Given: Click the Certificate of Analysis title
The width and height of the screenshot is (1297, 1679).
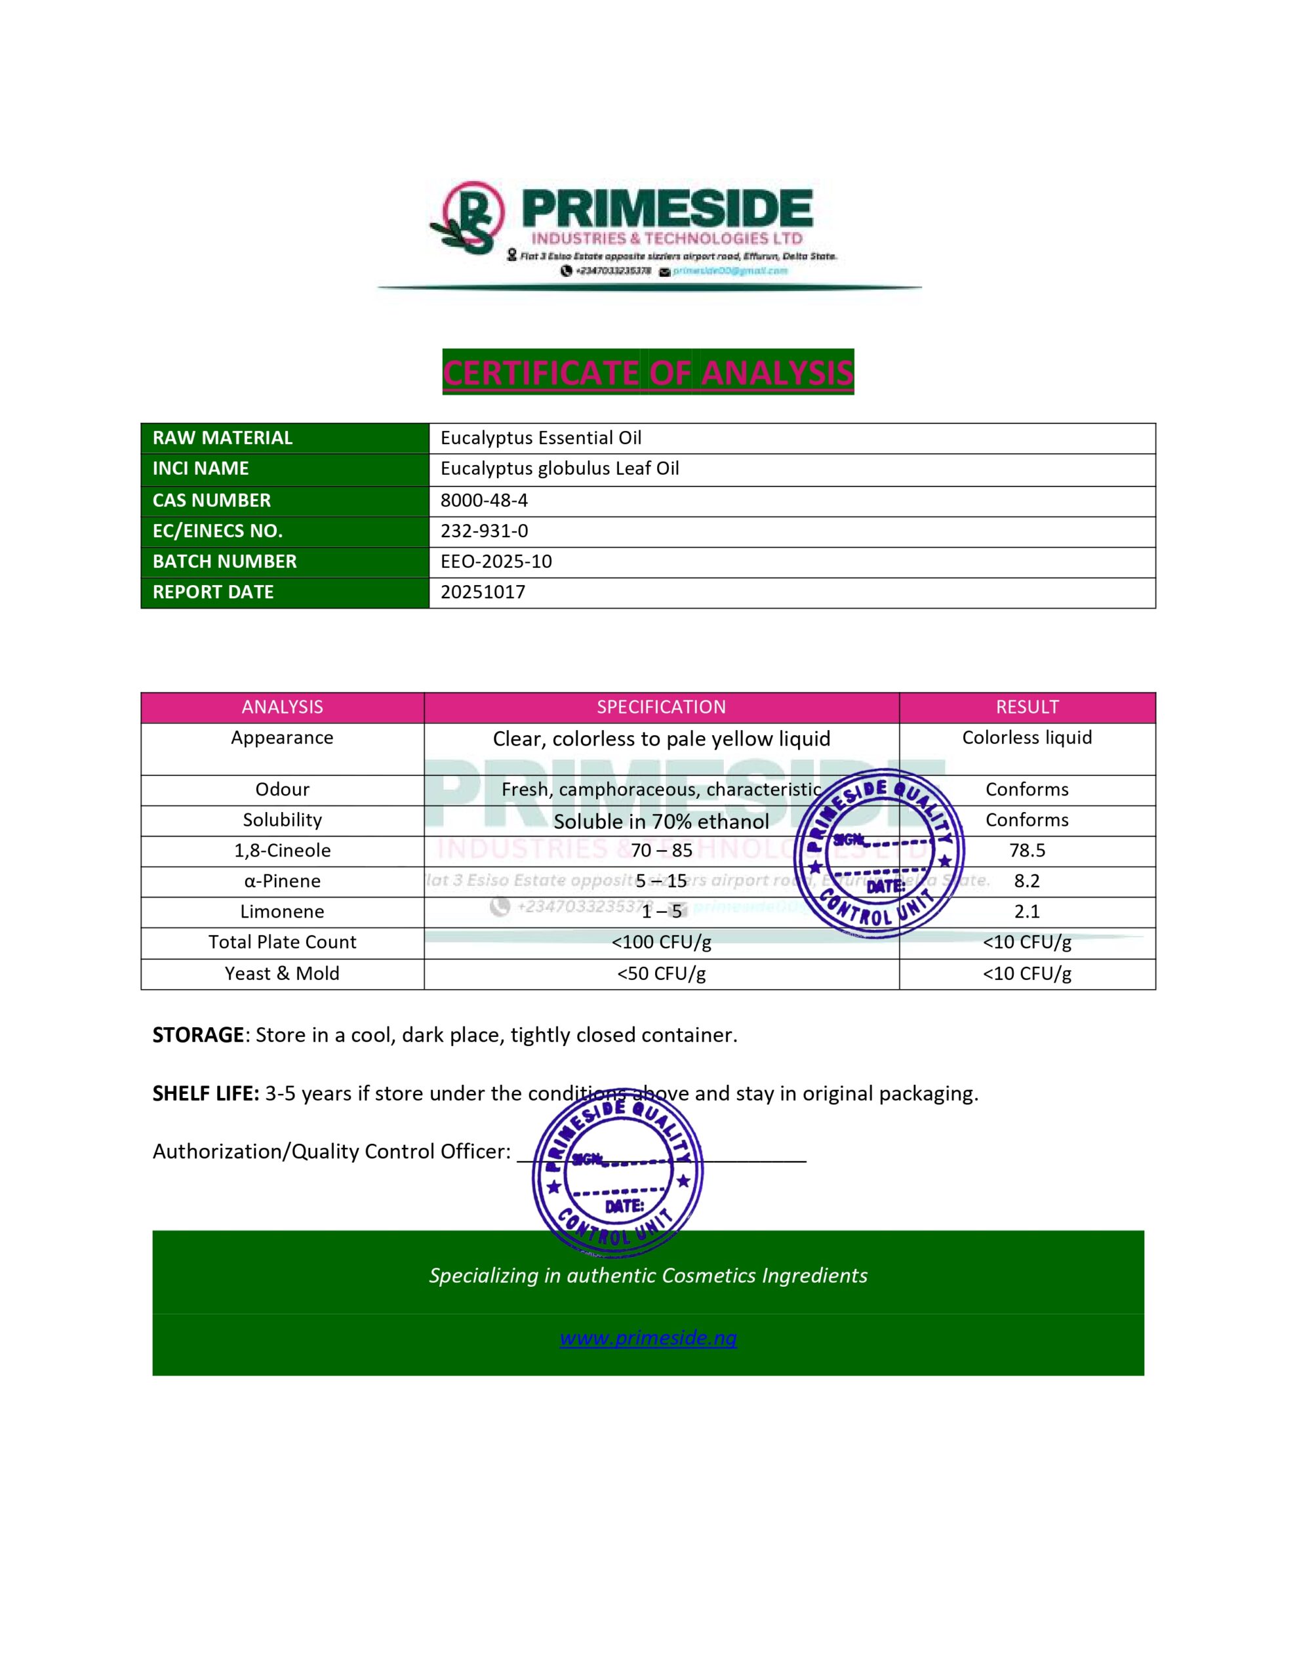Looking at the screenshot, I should tap(647, 373).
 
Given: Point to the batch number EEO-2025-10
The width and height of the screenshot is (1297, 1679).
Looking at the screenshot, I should tap(496, 561).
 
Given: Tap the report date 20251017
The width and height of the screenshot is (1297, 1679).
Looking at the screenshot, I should tap(483, 592).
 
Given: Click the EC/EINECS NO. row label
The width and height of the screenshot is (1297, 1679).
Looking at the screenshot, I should tap(218, 531).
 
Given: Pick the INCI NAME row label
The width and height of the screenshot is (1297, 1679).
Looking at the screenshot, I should tap(201, 468).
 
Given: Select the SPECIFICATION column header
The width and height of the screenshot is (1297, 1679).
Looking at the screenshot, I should tap(661, 707).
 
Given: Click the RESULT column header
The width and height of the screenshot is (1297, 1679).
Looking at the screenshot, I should tap(1026, 707).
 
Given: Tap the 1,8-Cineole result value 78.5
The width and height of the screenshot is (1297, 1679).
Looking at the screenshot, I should tap(1026, 850).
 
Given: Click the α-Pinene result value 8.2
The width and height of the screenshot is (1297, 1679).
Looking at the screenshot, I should tap(1026, 881).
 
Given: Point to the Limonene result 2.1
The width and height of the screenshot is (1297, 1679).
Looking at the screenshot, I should tap(1026, 912).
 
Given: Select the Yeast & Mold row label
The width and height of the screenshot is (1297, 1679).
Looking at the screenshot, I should tap(282, 973).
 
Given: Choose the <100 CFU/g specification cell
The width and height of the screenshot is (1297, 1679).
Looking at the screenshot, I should tap(661, 942).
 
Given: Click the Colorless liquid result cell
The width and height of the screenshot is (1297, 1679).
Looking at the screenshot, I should tap(1026, 738).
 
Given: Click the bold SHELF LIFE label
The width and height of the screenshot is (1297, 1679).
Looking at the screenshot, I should tap(205, 1093).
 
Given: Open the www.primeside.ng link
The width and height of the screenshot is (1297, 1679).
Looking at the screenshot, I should tap(647, 1338).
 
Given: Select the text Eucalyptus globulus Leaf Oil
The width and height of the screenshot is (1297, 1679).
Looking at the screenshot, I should tap(560, 468).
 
